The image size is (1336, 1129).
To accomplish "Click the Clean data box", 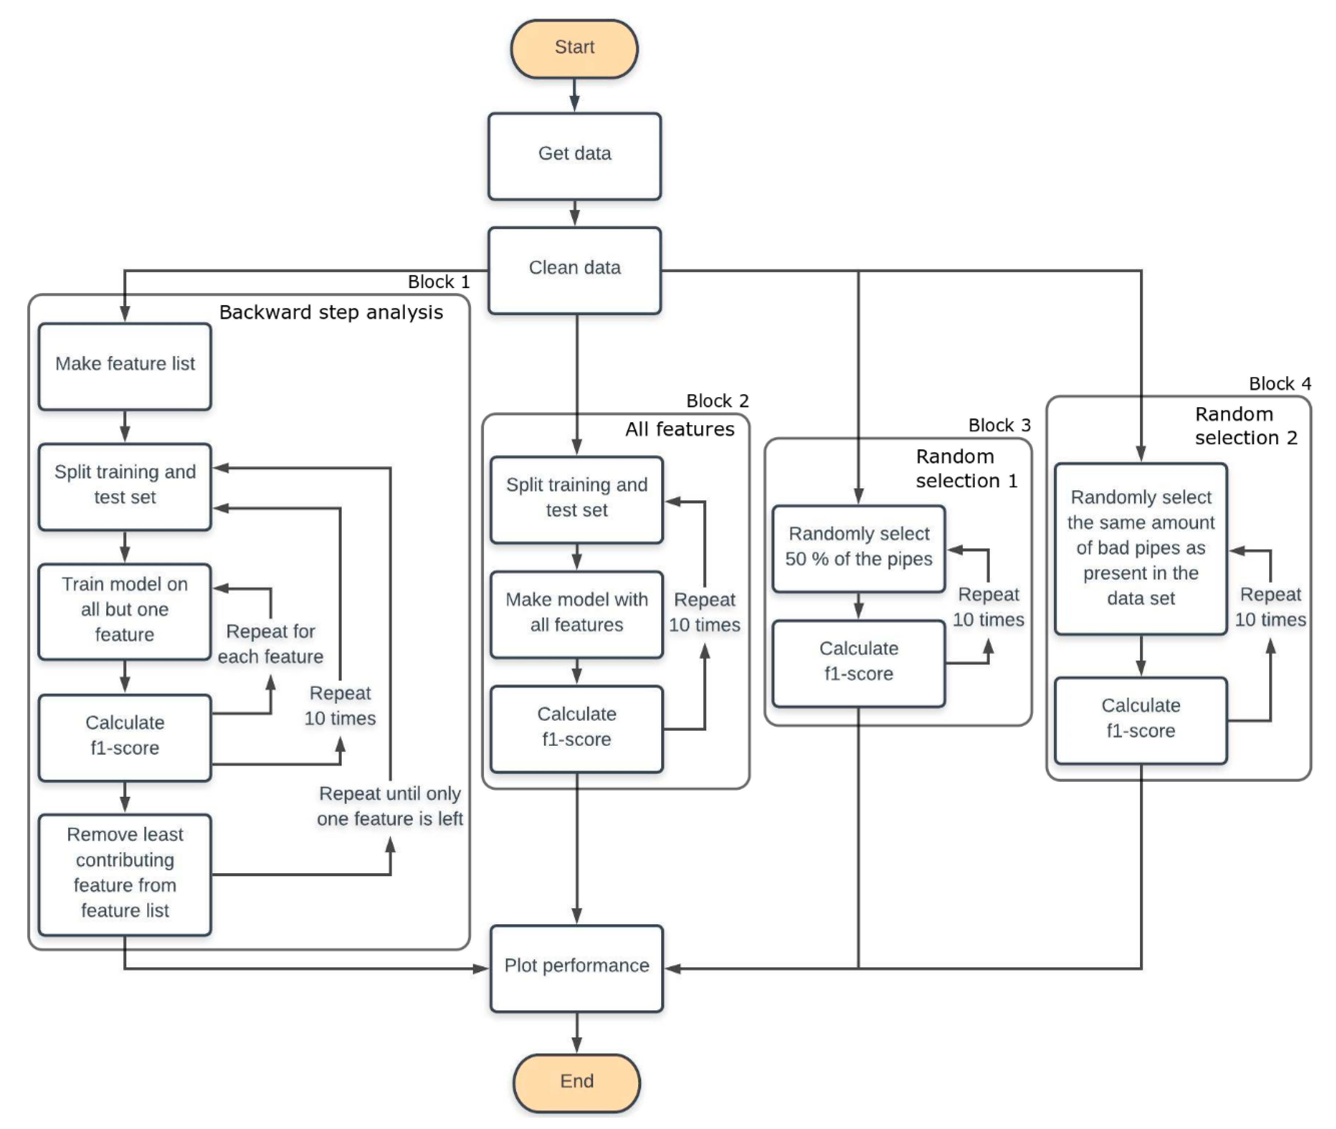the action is (x=574, y=270).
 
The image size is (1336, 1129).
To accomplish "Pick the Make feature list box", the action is (x=125, y=366).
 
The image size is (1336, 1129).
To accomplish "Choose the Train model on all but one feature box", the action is (x=125, y=611).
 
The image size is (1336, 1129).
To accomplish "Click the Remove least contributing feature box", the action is (x=125, y=874).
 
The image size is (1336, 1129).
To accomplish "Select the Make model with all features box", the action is (x=576, y=614).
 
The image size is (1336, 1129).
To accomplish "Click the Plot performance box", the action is (x=576, y=968).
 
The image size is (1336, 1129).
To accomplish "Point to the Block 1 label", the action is (x=439, y=282).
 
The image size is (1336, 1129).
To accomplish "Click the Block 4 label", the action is (x=1280, y=383).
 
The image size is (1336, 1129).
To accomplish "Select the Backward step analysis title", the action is (x=331, y=312).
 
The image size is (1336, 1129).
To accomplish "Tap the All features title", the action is (x=680, y=429).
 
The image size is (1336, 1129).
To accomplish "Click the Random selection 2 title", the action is (x=1246, y=426).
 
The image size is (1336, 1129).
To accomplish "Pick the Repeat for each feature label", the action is (x=270, y=644).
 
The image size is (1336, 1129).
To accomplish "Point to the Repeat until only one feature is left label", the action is (x=390, y=806).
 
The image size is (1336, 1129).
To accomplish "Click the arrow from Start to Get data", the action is (x=574, y=95).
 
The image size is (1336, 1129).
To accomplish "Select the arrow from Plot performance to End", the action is (x=576, y=1032).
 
